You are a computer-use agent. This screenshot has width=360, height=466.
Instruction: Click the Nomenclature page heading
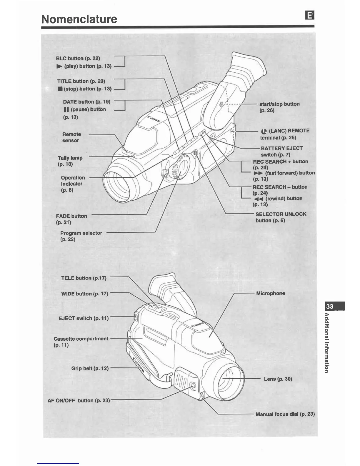(x=79, y=19)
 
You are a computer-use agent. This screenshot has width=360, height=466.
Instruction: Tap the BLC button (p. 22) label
(x=78, y=58)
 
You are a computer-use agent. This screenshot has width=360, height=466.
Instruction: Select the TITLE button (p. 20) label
(x=81, y=81)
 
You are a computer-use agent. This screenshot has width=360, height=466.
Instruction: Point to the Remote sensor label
(x=71, y=137)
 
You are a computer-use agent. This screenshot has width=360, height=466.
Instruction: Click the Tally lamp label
(x=70, y=161)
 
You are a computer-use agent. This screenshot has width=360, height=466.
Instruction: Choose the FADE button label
(x=71, y=219)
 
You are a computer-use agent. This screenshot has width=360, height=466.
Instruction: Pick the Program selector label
(x=81, y=236)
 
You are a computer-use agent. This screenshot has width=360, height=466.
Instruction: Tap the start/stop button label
(x=279, y=107)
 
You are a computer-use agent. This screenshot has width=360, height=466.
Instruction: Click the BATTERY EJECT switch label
(x=281, y=152)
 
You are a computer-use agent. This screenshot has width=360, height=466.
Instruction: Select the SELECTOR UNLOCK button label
(x=281, y=217)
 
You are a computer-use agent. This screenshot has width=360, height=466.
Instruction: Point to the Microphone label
(x=271, y=293)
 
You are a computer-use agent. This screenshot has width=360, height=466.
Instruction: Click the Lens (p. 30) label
(x=278, y=379)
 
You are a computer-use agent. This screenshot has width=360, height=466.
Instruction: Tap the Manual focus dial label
(x=285, y=414)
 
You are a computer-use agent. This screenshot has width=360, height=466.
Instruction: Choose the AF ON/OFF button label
(x=79, y=400)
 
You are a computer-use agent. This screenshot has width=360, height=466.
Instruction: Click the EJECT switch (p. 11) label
(x=84, y=318)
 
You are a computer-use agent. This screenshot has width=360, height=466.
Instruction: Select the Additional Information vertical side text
(x=326, y=343)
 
